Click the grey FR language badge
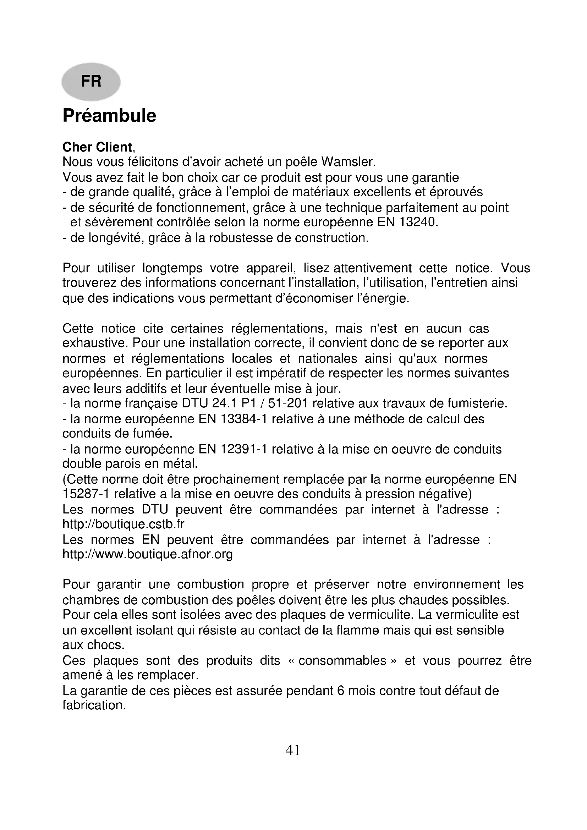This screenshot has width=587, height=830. [91, 81]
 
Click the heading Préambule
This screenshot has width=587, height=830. [109, 116]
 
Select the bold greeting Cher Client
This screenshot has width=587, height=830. [97, 147]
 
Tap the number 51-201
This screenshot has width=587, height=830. [287, 403]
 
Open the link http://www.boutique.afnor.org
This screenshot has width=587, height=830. [148, 554]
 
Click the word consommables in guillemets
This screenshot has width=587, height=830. [342, 661]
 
